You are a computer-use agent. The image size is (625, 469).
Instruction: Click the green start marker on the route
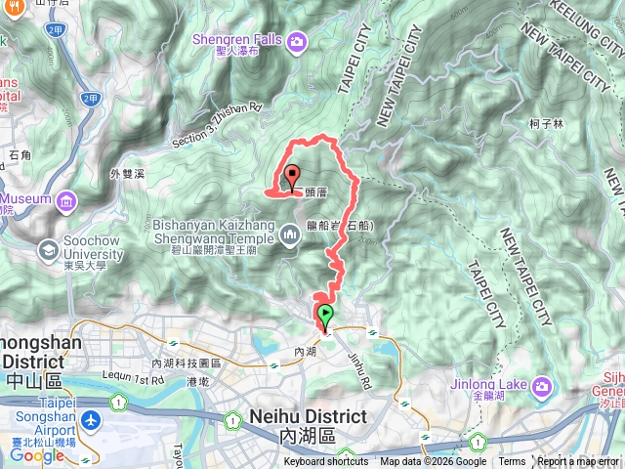(x=324, y=316)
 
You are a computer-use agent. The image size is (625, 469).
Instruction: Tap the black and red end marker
(x=292, y=178)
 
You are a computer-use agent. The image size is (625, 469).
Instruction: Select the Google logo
(x=36, y=455)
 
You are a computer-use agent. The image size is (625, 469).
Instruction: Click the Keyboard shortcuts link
(x=326, y=462)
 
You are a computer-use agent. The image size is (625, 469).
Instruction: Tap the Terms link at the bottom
(x=512, y=462)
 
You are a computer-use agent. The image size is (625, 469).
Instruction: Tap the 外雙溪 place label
(x=128, y=174)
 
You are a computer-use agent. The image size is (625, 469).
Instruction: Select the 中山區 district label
(x=31, y=379)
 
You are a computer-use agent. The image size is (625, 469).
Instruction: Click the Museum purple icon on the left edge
(x=66, y=201)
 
